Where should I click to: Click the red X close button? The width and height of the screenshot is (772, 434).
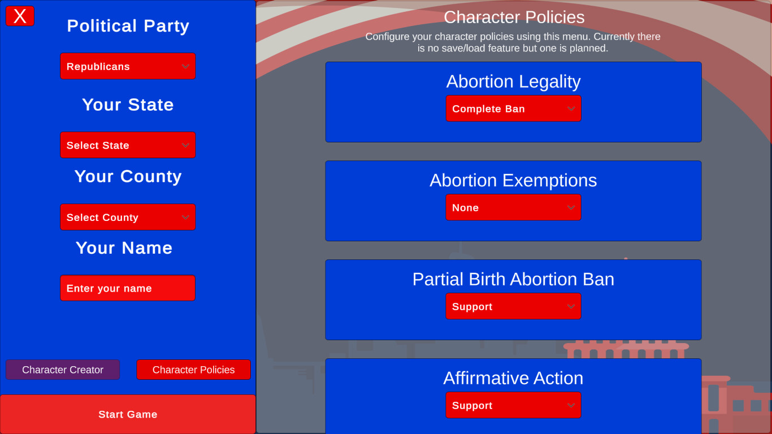tap(20, 16)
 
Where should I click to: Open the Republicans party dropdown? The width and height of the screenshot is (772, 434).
tap(128, 66)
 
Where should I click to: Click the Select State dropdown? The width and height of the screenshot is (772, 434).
tap(128, 145)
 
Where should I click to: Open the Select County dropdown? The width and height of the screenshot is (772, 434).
tap(128, 217)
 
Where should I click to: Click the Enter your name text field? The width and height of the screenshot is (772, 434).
tap(128, 288)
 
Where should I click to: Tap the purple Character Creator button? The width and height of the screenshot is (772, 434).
tap(63, 370)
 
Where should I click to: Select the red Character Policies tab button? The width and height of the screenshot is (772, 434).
tap(194, 370)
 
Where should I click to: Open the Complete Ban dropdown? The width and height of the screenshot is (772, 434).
tap(514, 108)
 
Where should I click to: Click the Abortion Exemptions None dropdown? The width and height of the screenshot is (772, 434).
tap(514, 207)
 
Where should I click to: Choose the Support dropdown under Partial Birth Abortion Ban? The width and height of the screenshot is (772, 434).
tap(514, 306)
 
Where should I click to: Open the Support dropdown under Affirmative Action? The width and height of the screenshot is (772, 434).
tap(514, 405)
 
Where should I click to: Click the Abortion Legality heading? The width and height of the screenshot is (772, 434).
tap(514, 82)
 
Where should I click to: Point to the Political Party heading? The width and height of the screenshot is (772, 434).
tap(128, 26)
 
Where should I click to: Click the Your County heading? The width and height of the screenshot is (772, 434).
tap(128, 177)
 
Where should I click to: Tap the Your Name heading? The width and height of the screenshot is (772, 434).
tap(124, 248)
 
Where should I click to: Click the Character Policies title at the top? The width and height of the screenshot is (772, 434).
tap(514, 18)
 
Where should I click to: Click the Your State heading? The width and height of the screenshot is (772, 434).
tap(128, 105)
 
